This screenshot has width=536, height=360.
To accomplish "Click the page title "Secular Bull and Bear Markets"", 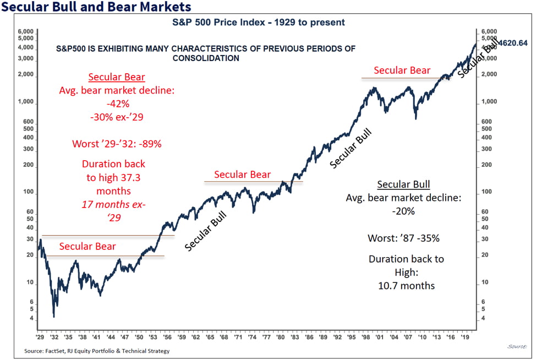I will tap(96, 7).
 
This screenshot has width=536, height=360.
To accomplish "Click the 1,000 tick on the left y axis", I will tap(26, 102).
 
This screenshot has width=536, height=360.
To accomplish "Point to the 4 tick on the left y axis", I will tap(31, 319).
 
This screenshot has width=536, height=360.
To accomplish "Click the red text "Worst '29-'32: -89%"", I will tap(117, 144).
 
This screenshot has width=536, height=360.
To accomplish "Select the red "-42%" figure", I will tap(117, 102).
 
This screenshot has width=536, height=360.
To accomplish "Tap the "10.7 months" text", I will tap(406, 286).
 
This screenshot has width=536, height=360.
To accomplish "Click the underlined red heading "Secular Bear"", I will tap(117, 77).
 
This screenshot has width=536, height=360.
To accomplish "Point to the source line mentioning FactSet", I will tap(97, 351).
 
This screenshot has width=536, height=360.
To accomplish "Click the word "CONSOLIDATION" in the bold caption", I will tap(206, 58).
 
